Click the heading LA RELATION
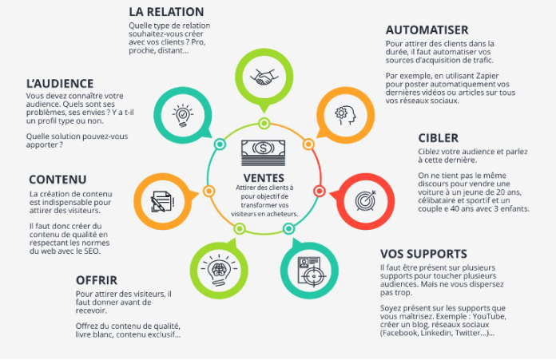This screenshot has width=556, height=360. pyautogui.click(x=166, y=12)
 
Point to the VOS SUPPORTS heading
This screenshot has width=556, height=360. pyautogui.click(x=424, y=254)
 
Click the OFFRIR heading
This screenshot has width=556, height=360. pyautogui.click(x=97, y=280)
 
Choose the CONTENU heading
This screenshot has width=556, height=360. pyautogui.click(x=58, y=179)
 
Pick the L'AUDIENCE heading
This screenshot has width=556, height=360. pyautogui.click(x=60, y=83)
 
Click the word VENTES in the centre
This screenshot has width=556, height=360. pyautogui.click(x=263, y=176)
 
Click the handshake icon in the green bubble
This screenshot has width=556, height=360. pyautogui.click(x=263, y=77)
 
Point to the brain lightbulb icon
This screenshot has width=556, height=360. pyautogui.click(x=218, y=269)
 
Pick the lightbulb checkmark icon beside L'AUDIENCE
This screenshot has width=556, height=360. pyautogui.click(x=181, y=114)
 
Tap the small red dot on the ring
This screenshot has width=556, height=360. pyautogui.click(x=319, y=191)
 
